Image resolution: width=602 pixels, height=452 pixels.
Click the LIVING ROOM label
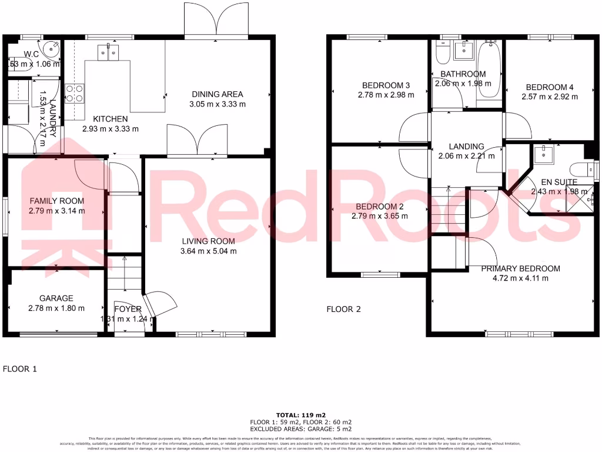pos(208,241)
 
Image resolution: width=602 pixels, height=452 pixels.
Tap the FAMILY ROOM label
pos(57,201)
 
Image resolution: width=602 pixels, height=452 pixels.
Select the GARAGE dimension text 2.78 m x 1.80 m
pos(56,308)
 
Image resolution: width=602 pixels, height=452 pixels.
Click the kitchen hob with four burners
pos(75,93)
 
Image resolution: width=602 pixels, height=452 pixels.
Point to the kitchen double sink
pos(108,52)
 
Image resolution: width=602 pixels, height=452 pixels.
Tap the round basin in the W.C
pos(50,49)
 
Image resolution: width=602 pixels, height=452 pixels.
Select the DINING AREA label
pos(218,94)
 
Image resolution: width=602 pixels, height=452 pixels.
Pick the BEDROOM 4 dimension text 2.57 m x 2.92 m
pos(550,97)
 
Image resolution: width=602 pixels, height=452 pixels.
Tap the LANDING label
pos(466,147)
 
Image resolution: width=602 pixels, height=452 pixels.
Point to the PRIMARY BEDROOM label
pos(520,268)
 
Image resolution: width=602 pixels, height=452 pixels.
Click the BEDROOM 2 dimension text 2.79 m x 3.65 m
pos(380,216)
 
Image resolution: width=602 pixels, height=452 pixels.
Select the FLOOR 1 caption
pos(20,370)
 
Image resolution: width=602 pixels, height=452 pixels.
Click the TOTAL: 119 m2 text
pos(301,414)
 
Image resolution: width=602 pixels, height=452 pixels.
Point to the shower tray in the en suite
pos(577,201)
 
